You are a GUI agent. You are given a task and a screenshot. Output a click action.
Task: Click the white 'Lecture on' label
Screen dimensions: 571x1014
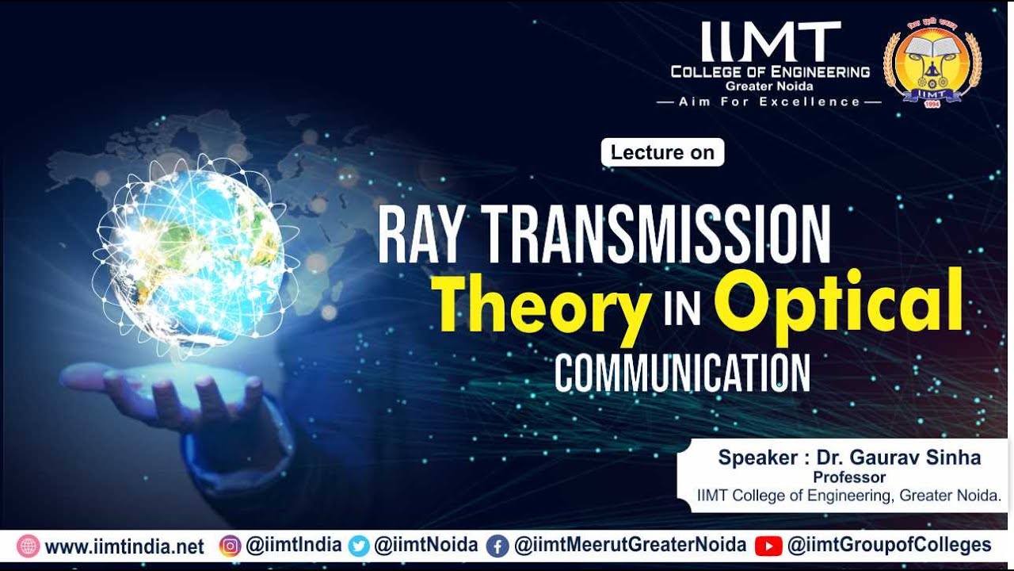662,152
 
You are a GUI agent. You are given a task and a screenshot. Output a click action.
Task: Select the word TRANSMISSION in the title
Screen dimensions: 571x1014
658,235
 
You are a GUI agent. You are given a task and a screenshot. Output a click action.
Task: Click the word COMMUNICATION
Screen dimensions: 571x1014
682,372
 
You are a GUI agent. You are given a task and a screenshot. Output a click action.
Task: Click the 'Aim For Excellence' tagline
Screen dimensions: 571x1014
769,102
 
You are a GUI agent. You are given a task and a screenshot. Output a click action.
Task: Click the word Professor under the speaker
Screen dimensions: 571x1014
849,477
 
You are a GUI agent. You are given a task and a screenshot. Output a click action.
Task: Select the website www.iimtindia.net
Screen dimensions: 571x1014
124,546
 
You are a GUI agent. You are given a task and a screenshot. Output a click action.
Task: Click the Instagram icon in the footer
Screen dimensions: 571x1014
230,546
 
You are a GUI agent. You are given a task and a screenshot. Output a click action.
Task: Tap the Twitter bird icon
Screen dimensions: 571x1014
359,546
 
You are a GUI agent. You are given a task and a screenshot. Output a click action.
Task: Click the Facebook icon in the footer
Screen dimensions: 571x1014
497,546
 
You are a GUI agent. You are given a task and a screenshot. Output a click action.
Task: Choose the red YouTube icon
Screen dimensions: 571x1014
768,546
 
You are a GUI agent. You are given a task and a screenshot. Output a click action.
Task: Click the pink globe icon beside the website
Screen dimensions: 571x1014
28,546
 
